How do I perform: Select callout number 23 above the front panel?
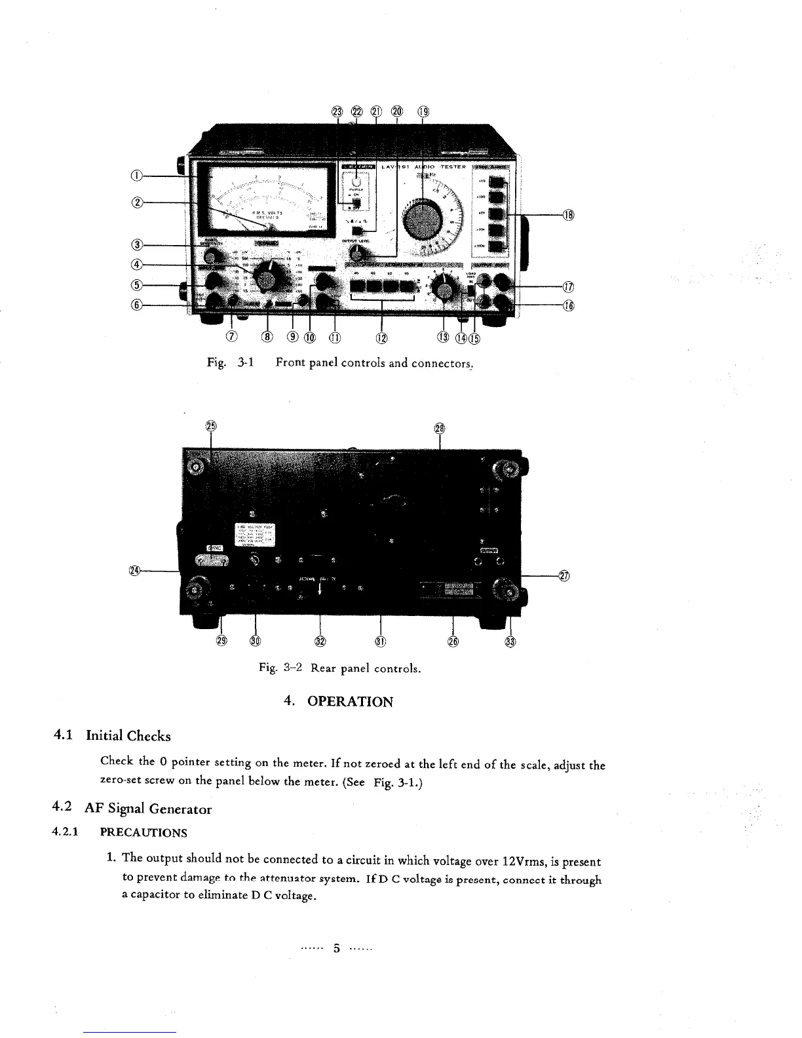coord(337,111)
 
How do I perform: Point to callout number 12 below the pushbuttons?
coord(381,338)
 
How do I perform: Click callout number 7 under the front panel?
coord(231,337)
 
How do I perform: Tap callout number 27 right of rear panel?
coord(565,576)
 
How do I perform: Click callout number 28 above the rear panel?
coord(440,429)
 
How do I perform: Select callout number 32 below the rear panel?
coord(320,641)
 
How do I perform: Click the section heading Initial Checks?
coord(128,736)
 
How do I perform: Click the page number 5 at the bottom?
coord(337,948)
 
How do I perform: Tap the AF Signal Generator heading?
coord(149,809)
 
